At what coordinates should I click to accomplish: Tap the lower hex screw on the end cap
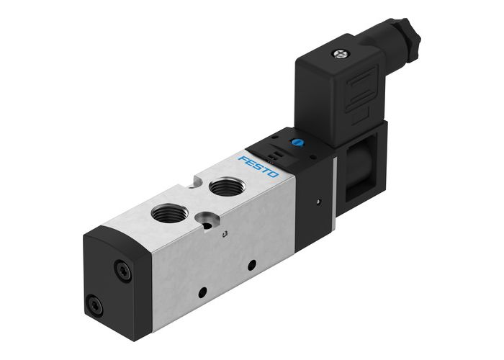[95, 307]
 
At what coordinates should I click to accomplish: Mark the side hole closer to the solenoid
[251, 264]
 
